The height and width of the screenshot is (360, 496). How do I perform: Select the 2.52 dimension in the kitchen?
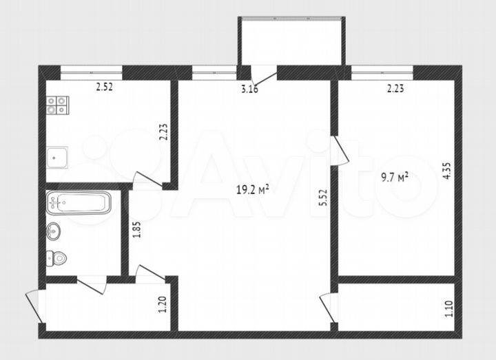104,87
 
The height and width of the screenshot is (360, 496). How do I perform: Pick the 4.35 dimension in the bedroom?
448,170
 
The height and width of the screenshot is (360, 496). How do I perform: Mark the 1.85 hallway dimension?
136,229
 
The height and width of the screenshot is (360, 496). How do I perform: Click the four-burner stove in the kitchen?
57,105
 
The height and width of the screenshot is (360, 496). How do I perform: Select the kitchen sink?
57,158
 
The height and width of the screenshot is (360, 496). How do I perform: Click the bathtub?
79,202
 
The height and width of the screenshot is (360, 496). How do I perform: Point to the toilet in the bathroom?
56,259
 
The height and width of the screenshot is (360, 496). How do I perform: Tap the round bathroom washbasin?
55,231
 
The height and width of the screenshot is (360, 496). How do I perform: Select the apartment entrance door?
34,306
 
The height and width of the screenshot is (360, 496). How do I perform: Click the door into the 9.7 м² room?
338,151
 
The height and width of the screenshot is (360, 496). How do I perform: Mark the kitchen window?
91,70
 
